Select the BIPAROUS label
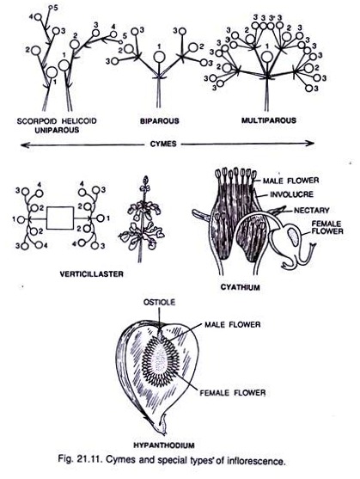[160, 121]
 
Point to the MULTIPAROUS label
[269, 120]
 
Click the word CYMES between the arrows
[163, 144]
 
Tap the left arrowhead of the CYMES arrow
[23, 144]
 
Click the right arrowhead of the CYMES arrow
[311, 143]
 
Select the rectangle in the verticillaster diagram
[60, 218]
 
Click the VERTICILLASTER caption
[92, 274]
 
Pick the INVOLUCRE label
[291, 194]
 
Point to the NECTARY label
[312, 210]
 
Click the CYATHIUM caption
[240, 287]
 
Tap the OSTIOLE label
[159, 302]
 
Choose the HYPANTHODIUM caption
[164, 445]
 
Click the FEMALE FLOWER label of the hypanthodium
[233, 392]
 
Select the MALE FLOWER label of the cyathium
[291, 181]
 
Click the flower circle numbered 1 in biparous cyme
[159, 57]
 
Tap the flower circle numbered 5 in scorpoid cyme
[51, 7]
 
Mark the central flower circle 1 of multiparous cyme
[267, 57]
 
